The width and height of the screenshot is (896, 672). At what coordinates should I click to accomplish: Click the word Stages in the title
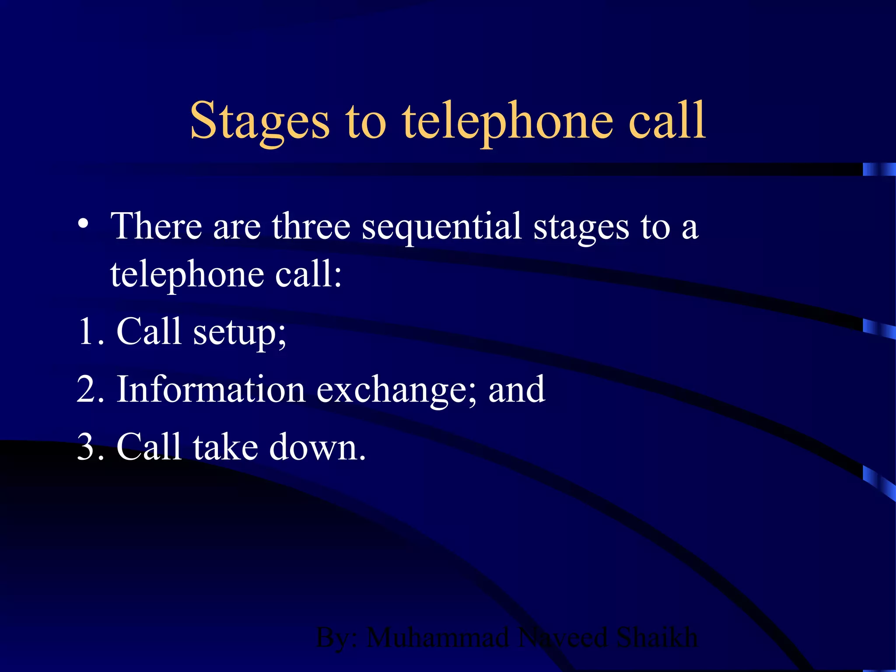coord(259,121)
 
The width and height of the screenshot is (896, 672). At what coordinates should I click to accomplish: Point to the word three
coord(311,227)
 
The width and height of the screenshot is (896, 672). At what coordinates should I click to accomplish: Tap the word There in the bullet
coord(156,226)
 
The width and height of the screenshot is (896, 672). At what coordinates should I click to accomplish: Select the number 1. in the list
coord(91,331)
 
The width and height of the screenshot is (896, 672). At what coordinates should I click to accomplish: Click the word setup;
coord(239,332)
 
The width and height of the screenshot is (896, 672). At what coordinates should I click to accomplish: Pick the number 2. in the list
coord(91,389)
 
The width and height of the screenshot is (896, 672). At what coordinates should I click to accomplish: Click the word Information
coord(210,389)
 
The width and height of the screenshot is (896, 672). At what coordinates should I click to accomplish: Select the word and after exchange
coord(517,389)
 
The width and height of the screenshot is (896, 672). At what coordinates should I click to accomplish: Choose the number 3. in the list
coord(91,447)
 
